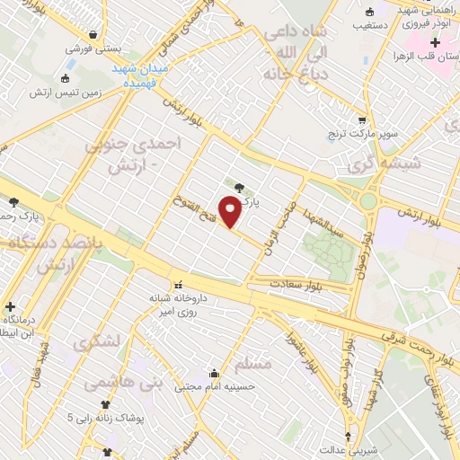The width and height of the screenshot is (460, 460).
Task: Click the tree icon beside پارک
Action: [238, 188]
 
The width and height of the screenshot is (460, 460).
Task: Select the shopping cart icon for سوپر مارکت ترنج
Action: [361, 119]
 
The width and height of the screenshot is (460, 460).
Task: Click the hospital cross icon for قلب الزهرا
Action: [435, 43]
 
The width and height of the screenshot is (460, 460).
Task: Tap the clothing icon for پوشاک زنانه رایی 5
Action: [107, 405]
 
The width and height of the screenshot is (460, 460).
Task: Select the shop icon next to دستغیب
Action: [371, 12]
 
